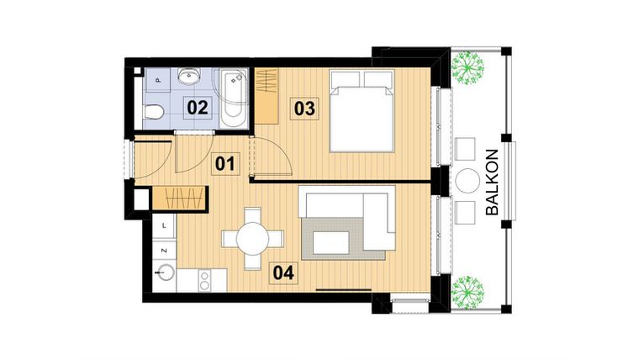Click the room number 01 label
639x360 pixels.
pyautogui.click(x=224, y=162)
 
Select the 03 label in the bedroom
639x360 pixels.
pyautogui.click(x=304, y=108)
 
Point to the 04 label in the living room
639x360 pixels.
pyautogui.click(x=283, y=273)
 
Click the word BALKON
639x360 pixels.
pyautogui.click(x=494, y=183)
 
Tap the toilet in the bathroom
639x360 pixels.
pyautogui.click(x=152, y=111)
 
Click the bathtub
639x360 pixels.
pyautogui.click(x=233, y=97)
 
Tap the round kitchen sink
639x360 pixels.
pyautogui.click(x=164, y=274)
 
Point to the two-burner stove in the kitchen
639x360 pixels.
pyautogui.click(x=203, y=279)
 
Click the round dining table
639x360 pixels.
pyautogui.click(x=251, y=238)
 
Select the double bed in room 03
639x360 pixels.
pyautogui.click(x=360, y=109)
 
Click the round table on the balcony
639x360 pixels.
pyautogui.click(x=467, y=181)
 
